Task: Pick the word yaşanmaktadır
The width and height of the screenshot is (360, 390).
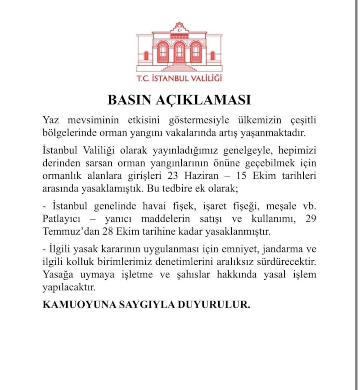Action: [276, 132]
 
